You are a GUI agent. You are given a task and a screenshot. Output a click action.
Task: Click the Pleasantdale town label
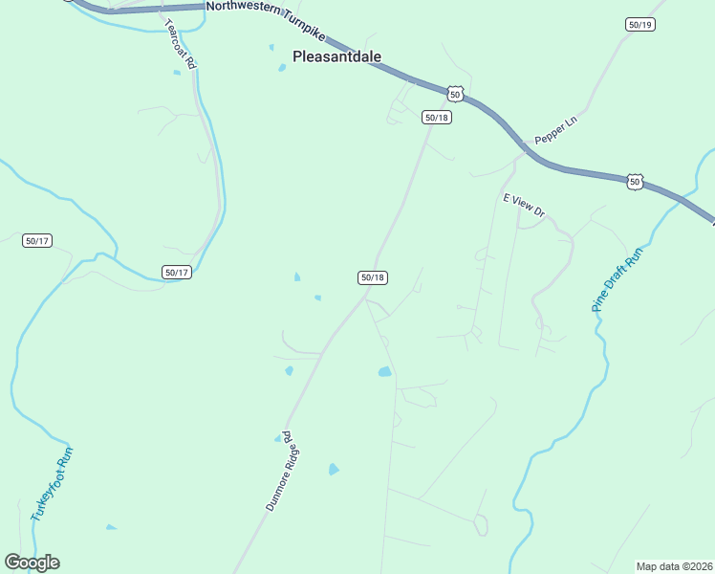click(336, 56)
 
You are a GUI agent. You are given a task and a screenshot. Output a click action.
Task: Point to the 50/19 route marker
click(640, 25)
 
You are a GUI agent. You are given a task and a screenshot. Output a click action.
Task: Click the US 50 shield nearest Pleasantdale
click(455, 93)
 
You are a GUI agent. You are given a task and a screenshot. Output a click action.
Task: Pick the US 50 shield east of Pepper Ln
click(635, 181)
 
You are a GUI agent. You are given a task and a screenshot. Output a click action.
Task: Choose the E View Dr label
click(523, 205)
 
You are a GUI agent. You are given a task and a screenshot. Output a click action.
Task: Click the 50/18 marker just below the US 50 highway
click(436, 117)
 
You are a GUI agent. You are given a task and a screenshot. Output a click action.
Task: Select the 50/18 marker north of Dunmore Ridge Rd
click(373, 277)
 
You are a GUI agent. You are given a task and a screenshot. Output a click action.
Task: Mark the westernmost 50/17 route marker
click(37, 240)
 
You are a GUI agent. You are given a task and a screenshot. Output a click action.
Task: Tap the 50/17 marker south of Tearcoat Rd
click(177, 273)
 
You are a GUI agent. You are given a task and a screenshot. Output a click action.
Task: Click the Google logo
click(32, 563)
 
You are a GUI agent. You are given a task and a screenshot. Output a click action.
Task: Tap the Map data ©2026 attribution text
click(674, 566)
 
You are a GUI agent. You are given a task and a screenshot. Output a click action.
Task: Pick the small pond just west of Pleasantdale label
click(281, 67)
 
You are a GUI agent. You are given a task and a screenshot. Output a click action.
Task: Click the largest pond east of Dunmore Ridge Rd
click(384, 371)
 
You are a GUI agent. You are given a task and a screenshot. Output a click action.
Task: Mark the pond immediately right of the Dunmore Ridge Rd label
click(334, 469)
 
